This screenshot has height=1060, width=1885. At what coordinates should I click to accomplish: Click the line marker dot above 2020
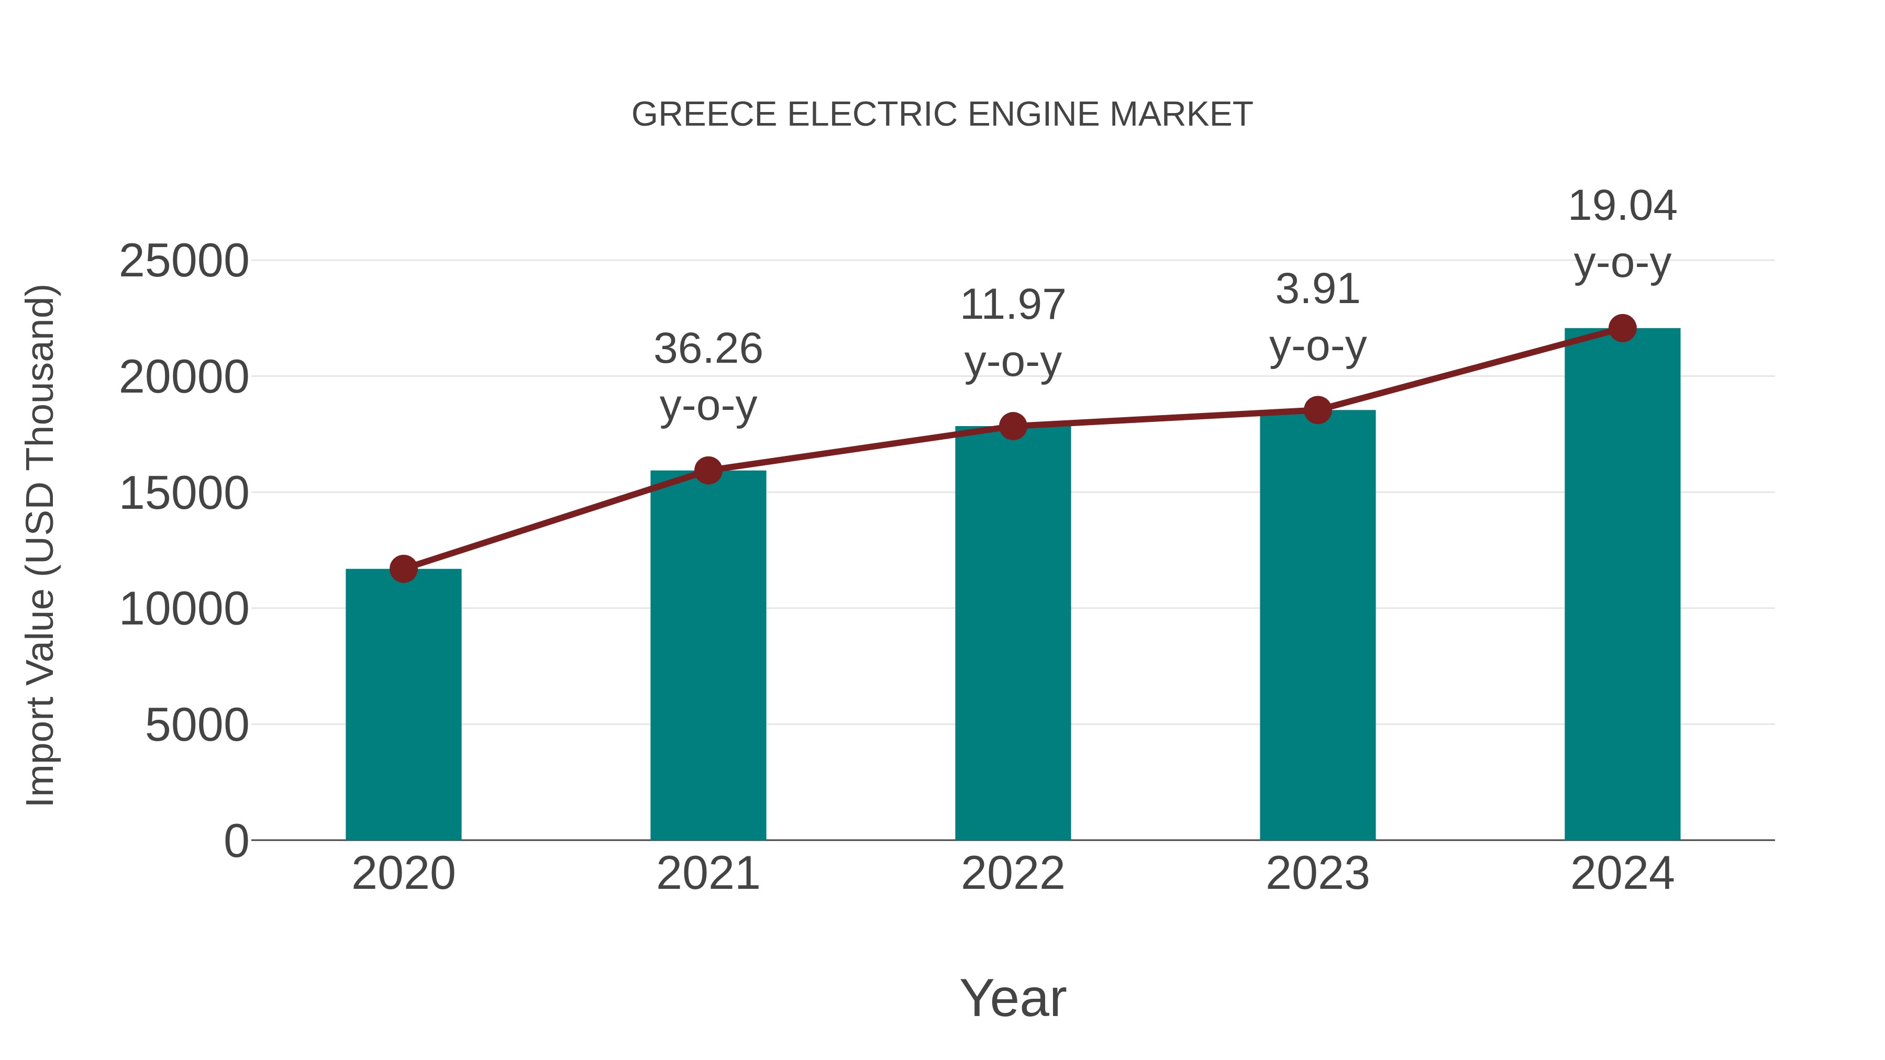(403, 568)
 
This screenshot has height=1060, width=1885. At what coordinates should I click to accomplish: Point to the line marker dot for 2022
(1013, 426)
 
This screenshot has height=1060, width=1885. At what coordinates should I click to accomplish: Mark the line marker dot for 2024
(1622, 328)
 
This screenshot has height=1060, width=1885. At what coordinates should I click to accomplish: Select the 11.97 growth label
(1013, 305)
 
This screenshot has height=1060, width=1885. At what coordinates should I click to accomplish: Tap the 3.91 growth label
(1317, 289)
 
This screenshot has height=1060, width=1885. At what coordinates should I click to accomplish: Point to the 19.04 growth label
(1622, 206)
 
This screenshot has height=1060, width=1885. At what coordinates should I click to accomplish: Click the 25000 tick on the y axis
(184, 261)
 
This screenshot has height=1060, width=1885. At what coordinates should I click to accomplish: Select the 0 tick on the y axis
(236, 841)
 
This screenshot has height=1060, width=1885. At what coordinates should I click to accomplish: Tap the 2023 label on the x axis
(1317, 874)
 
